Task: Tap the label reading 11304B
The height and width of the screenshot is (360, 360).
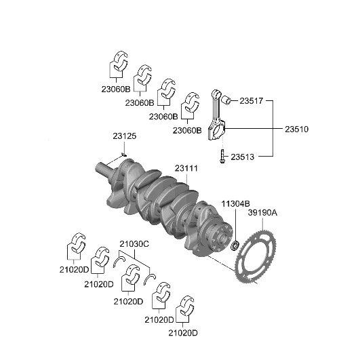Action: pos(235,203)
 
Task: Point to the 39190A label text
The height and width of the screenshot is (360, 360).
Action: pos(262,212)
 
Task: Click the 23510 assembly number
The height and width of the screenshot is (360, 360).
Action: pos(296,129)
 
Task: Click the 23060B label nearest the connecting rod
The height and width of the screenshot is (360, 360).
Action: pos(187,130)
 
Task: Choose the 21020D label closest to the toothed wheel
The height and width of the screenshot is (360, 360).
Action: pos(182,332)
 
